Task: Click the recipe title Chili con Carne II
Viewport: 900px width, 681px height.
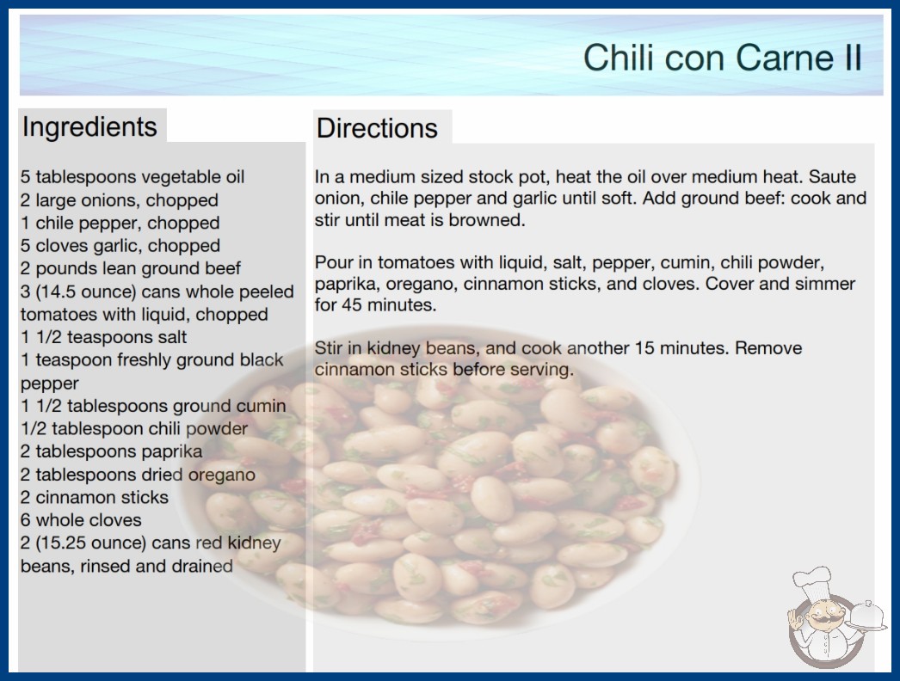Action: point(722,58)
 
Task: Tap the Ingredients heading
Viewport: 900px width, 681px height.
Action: point(89,127)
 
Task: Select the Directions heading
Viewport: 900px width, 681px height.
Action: point(377,128)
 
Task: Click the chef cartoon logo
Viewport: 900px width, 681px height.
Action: point(835,617)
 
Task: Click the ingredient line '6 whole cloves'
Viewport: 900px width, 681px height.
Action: point(81,520)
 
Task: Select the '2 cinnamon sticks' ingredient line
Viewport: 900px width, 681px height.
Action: point(95,497)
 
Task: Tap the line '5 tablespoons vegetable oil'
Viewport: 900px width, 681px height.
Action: point(133,177)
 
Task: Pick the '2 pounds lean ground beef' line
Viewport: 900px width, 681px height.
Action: point(131,268)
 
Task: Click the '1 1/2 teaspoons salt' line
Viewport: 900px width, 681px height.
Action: point(104,337)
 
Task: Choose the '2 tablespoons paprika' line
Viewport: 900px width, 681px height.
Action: point(111,451)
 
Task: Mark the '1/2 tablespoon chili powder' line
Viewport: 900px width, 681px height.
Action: point(134,428)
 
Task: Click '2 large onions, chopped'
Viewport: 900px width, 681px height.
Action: point(120,199)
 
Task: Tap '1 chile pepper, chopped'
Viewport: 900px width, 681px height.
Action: point(120,223)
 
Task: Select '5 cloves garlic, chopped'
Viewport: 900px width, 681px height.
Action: point(120,246)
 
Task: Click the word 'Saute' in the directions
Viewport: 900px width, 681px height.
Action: point(832,177)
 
